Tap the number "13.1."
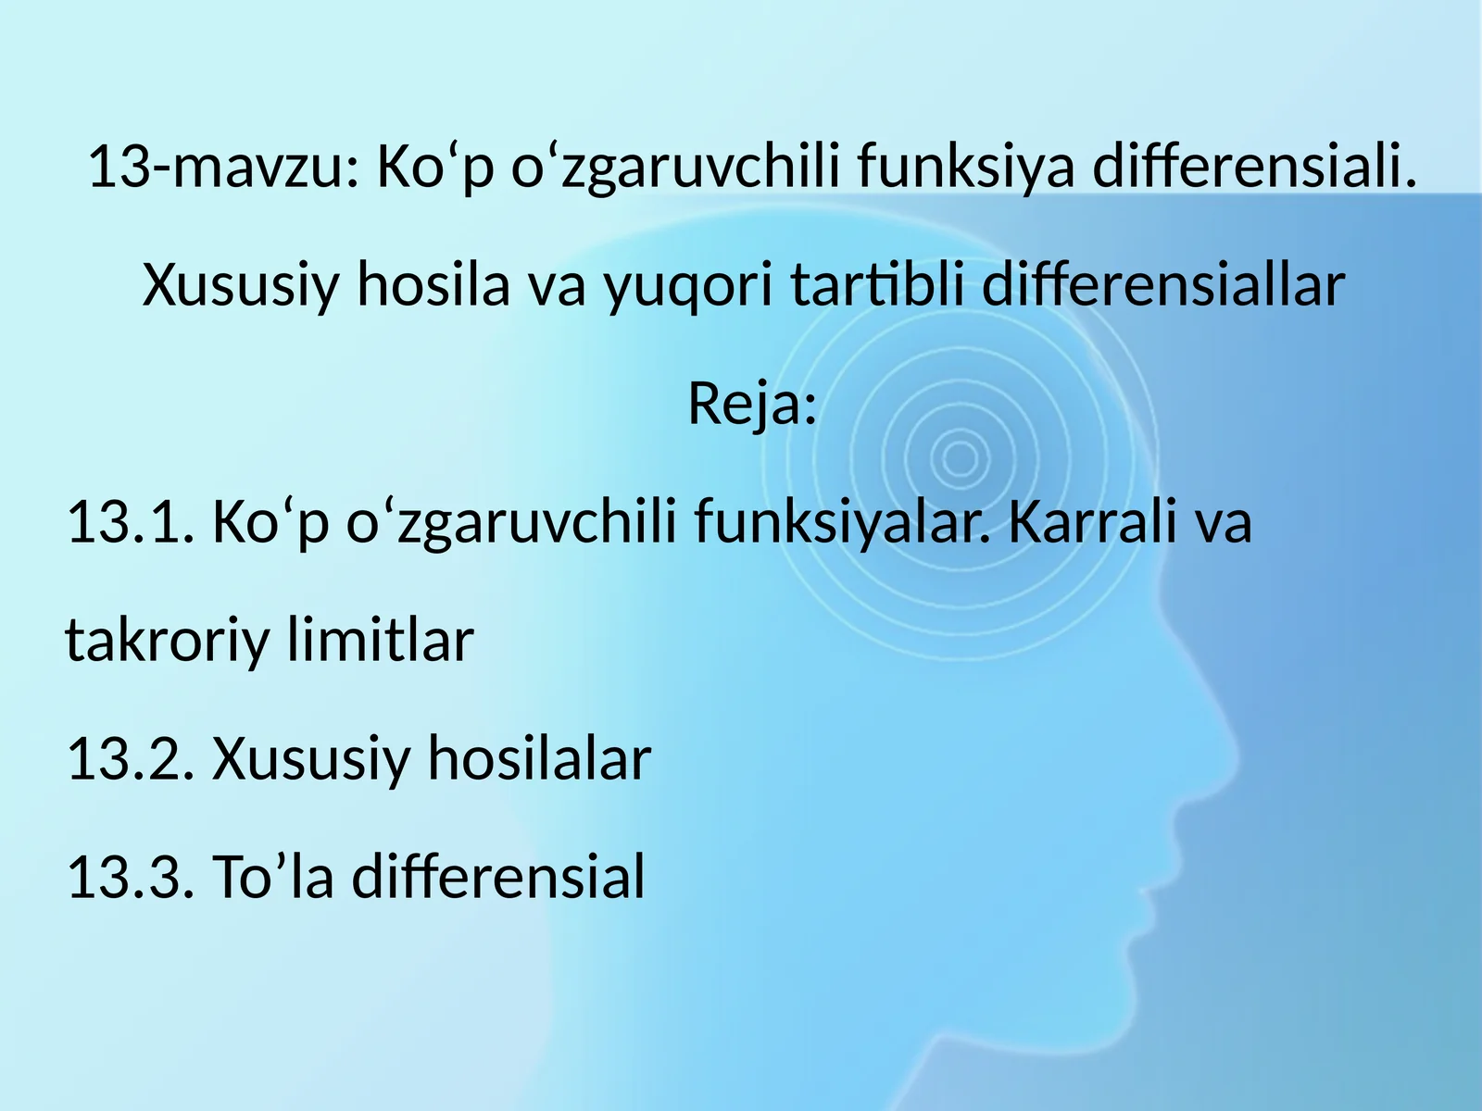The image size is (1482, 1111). (129, 521)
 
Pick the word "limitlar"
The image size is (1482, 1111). (381, 640)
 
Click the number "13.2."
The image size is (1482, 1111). (129, 758)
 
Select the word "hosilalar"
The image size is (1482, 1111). (538, 758)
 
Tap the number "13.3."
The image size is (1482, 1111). (129, 877)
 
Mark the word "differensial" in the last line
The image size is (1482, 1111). (497, 877)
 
